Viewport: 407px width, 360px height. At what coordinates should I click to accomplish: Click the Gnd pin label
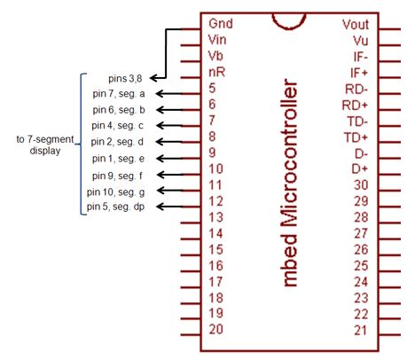220,24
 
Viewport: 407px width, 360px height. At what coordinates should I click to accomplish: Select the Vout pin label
355,24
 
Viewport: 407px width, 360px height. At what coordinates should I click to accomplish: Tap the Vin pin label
216,40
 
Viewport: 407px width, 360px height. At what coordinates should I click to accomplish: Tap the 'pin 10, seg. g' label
115,191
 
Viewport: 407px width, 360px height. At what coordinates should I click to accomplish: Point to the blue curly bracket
82,142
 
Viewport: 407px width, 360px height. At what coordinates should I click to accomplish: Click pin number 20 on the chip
215,330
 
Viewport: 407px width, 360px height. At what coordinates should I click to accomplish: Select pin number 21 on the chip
360,330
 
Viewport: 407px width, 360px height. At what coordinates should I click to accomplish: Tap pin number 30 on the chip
360,184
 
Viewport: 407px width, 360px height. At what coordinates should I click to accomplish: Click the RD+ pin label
356,104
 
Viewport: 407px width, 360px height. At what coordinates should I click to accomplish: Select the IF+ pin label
358,72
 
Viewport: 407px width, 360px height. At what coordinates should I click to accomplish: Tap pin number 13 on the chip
215,217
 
